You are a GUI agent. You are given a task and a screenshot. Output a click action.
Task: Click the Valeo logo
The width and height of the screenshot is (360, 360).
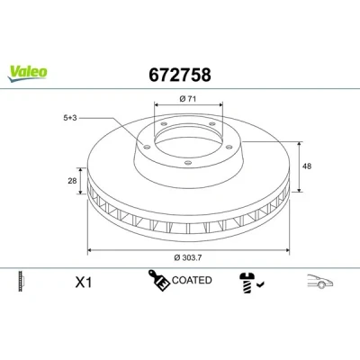point(28,74)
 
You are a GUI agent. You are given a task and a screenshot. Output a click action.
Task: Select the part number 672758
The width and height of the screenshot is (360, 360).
point(180,75)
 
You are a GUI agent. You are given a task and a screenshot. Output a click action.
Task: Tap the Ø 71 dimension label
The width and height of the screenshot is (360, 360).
point(188,99)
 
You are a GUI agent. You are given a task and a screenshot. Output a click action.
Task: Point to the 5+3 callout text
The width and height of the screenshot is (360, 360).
point(70,118)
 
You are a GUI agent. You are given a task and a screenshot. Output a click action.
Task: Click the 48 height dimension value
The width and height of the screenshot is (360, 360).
point(307,166)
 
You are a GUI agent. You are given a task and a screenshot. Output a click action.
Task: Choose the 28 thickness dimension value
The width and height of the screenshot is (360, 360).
point(72,181)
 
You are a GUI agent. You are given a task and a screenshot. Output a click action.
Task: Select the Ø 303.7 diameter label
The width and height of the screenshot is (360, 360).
point(188,257)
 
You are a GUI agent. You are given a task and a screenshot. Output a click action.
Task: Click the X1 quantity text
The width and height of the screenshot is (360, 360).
point(84,283)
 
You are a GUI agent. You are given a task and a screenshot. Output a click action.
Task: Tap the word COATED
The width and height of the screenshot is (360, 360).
point(192,280)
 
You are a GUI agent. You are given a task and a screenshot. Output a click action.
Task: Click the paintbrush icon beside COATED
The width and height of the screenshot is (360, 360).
point(158,280)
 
